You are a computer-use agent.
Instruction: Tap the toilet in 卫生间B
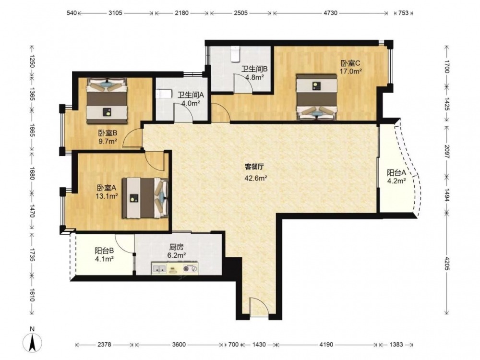(235, 54)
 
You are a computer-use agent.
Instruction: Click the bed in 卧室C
(316, 96)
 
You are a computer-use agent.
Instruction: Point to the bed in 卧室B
(107, 101)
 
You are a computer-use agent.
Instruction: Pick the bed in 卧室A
(145, 198)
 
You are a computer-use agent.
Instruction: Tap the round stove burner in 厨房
(186, 269)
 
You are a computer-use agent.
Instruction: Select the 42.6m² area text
(256, 178)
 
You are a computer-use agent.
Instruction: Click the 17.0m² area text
(351, 72)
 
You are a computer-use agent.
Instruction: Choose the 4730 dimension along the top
(330, 13)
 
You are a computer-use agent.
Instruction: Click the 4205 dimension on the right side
(446, 263)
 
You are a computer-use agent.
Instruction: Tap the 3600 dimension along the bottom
(179, 345)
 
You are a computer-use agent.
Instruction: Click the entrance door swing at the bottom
(259, 306)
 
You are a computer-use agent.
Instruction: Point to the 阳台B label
(104, 251)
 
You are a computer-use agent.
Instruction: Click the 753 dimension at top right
(403, 13)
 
